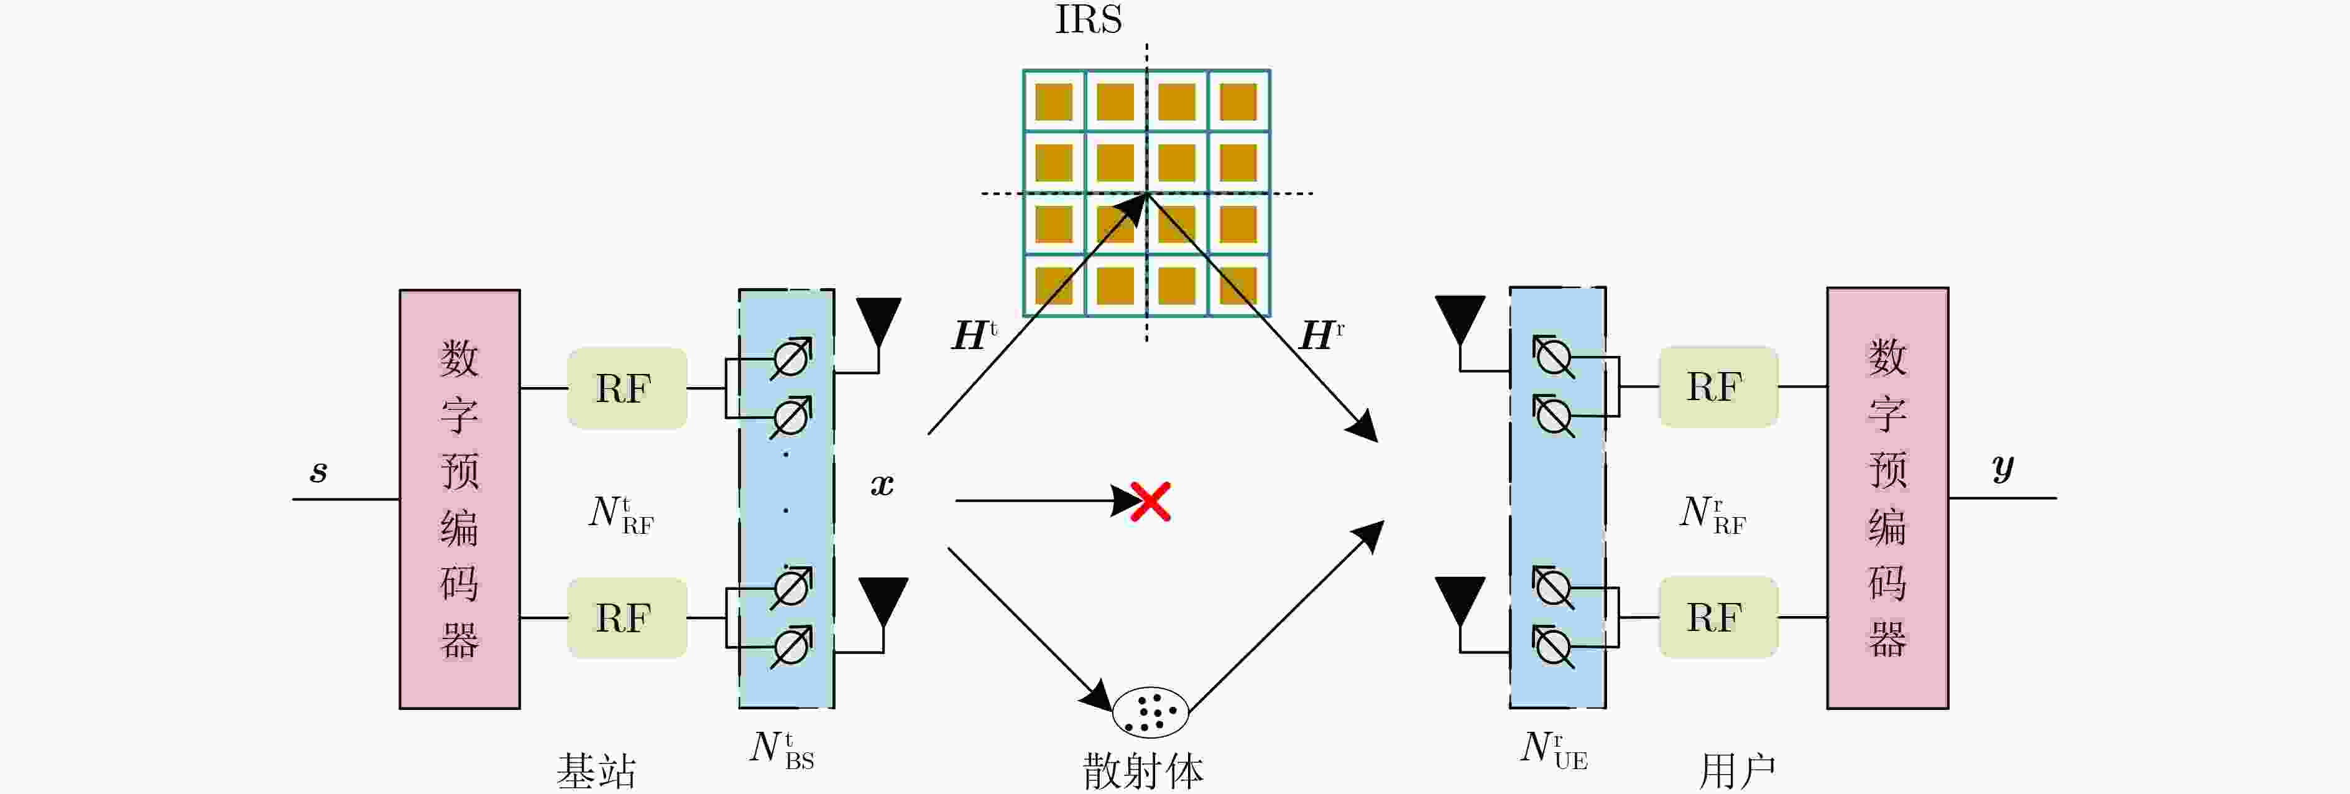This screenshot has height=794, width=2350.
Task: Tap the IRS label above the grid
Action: click(x=1089, y=20)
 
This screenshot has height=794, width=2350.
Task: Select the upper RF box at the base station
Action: click(x=627, y=388)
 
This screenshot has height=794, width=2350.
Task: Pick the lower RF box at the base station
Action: click(x=627, y=618)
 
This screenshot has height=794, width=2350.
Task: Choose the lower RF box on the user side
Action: click(x=1718, y=617)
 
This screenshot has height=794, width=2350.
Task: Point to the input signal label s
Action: click(x=318, y=471)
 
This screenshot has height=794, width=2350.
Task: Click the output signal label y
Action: click(x=2002, y=468)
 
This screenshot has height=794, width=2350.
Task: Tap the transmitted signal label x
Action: click(x=882, y=485)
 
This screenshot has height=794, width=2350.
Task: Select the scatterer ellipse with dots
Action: click(x=1150, y=712)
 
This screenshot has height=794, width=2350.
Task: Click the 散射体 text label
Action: click(x=1143, y=771)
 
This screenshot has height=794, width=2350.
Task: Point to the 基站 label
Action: click(x=597, y=771)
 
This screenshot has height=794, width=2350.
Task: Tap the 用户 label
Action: click(x=1737, y=771)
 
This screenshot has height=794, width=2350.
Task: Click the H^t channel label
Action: click(x=974, y=335)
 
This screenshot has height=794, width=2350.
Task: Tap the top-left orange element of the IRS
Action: click(x=1054, y=102)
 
